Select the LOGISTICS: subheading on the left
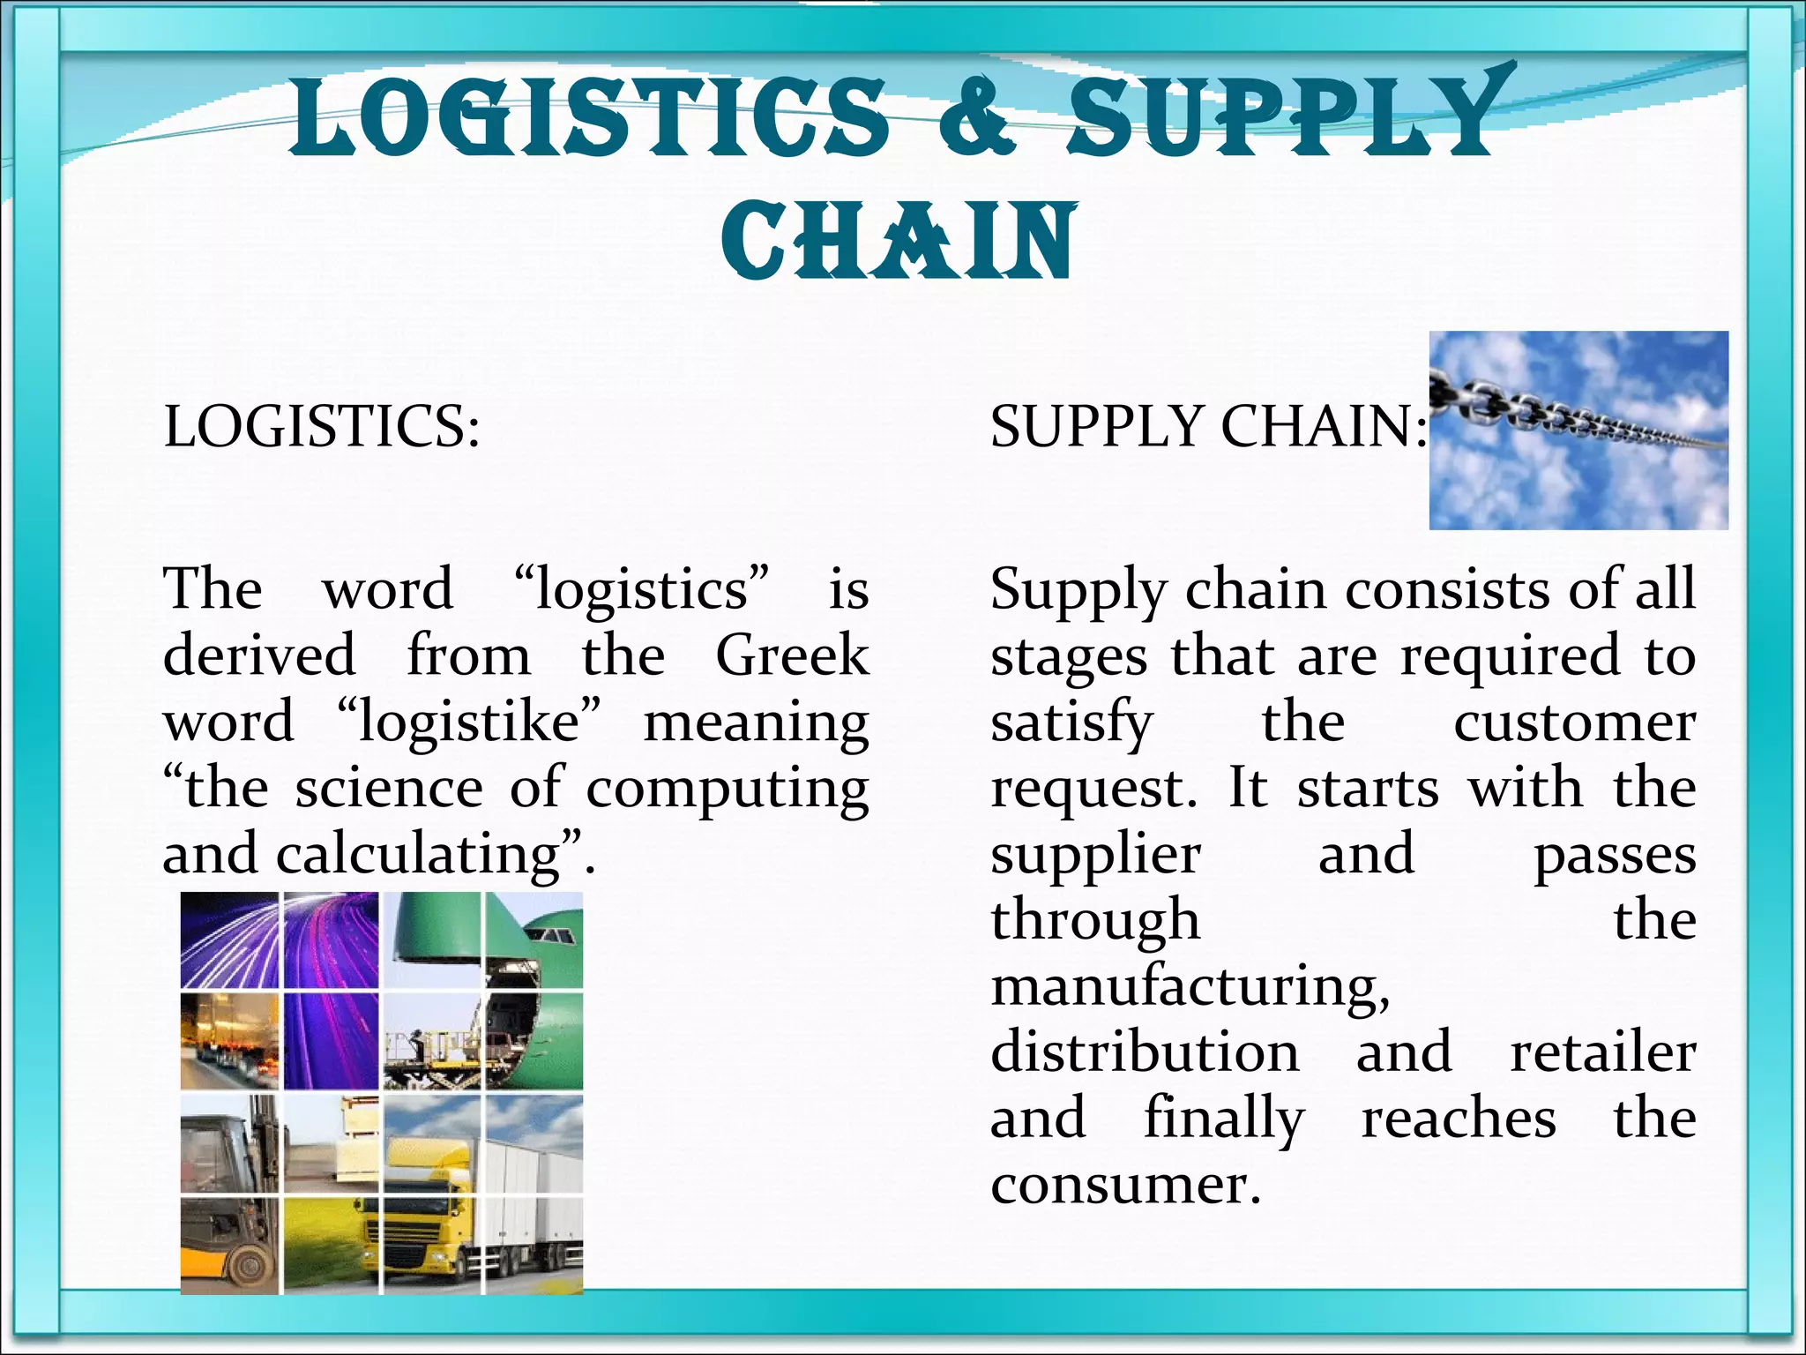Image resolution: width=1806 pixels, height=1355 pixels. coord(322,426)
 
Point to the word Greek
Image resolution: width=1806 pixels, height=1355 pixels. coord(792,655)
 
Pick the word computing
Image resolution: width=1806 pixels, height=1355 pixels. coord(728,788)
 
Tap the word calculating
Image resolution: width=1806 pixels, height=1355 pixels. coord(419,854)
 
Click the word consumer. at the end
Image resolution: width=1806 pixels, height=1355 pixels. coord(1126,1184)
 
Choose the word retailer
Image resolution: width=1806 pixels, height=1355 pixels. coord(1602,1052)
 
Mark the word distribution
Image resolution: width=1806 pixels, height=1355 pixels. coord(1145,1052)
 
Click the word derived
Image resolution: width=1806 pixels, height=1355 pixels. coord(259,655)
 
